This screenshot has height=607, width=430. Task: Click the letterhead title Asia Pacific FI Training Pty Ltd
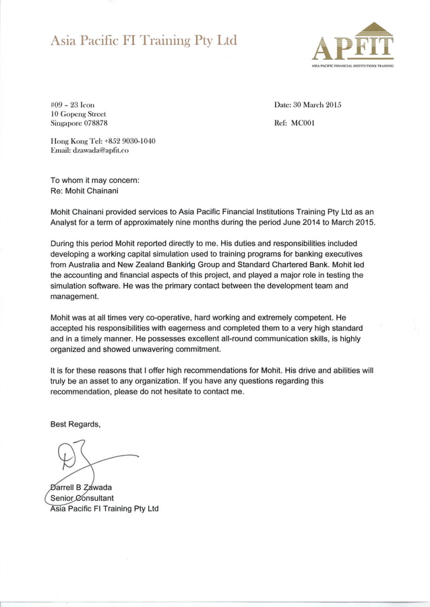144,41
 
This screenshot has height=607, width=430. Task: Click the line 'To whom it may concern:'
95,180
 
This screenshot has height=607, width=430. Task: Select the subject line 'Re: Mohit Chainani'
84,191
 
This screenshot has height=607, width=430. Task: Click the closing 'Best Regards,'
75,424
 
